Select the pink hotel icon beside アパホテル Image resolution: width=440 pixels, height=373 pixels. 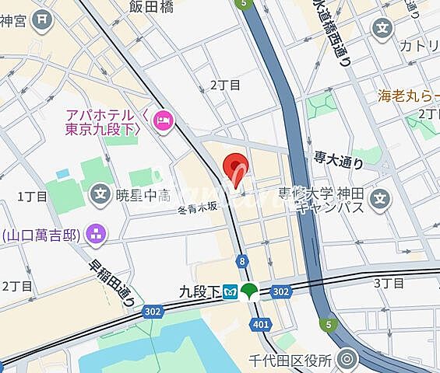coord(164,120)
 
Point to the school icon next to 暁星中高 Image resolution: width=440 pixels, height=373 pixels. coord(100,192)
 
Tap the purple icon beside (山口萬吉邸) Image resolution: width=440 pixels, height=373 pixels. coord(96,232)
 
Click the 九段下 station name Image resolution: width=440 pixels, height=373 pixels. coord(199,293)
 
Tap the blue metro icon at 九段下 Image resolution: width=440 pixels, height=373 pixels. coord(231,293)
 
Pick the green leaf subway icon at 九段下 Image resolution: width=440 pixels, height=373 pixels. coord(250,293)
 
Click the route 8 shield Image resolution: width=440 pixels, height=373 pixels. coord(243,261)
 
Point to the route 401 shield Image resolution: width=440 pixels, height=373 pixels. coord(261,323)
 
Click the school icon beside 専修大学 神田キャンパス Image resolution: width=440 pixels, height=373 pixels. coord(379,199)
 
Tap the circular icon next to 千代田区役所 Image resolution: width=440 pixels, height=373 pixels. coord(347,359)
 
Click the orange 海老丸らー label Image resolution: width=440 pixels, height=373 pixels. coord(407,96)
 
